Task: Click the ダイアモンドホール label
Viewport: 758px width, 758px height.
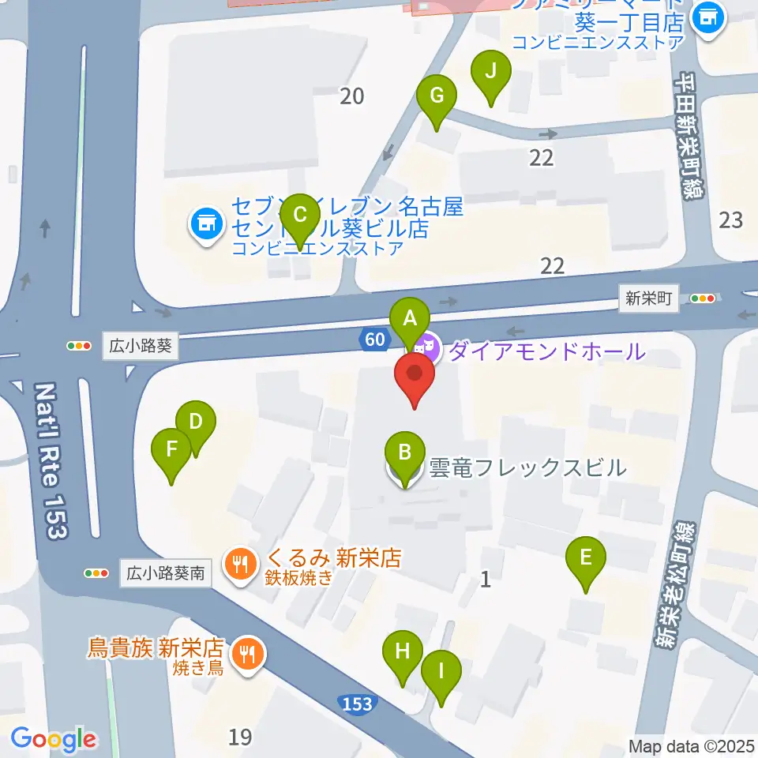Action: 546,349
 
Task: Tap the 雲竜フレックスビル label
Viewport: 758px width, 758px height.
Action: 527,467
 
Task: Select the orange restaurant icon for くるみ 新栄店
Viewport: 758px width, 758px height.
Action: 240,563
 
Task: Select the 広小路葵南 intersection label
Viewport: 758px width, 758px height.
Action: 166,572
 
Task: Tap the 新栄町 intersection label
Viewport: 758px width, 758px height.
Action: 648,298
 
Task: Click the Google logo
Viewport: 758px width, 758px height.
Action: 53,738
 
